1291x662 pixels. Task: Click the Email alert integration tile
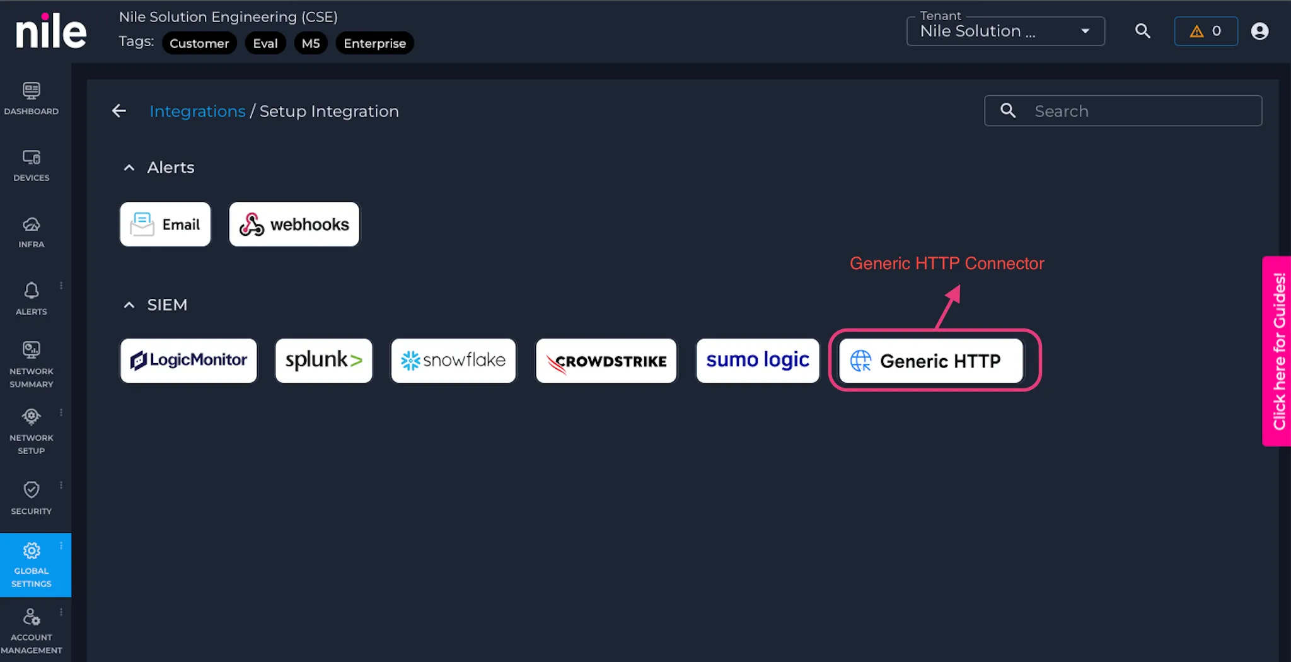click(x=165, y=224)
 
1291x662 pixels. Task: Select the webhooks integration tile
click(x=294, y=224)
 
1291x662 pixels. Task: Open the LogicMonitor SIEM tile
click(x=188, y=361)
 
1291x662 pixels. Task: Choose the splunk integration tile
click(x=323, y=361)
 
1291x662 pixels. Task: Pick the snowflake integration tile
click(x=453, y=361)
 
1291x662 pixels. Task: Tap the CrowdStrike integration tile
click(x=606, y=361)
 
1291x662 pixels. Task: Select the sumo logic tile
click(x=758, y=361)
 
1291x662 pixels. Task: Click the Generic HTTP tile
click(x=931, y=361)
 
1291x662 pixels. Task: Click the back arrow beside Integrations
click(x=119, y=111)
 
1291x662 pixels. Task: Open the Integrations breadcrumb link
click(x=197, y=111)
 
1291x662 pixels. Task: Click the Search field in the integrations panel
click(x=1123, y=111)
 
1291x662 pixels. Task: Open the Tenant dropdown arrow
click(x=1085, y=31)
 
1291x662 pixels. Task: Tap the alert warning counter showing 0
click(x=1205, y=31)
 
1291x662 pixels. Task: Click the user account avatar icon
click(x=1259, y=31)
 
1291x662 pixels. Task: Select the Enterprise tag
click(x=374, y=43)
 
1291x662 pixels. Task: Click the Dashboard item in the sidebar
click(x=32, y=98)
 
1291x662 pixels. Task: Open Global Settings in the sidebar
click(x=32, y=565)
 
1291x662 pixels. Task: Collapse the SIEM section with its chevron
click(x=129, y=305)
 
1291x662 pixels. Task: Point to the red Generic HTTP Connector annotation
click(x=947, y=263)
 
